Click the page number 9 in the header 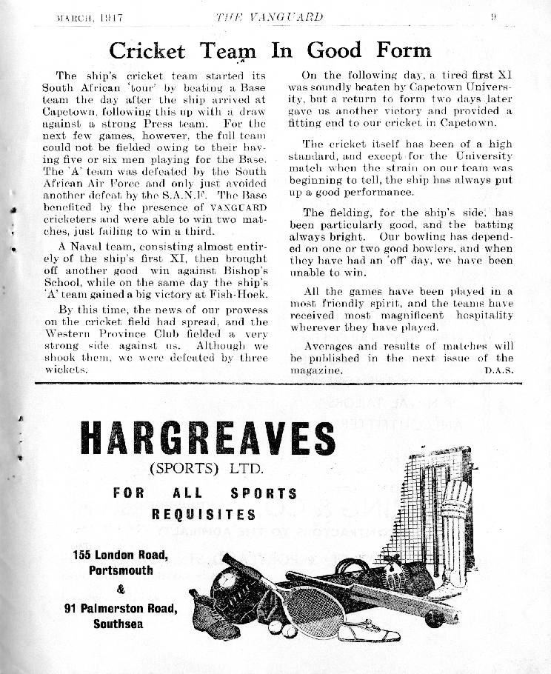pyautogui.click(x=492, y=16)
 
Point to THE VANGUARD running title pyautogui.click(x=269, y=16)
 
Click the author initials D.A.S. pyautogui.click(x=498, y=370)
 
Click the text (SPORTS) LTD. pyautogui.click(x=207, y=469)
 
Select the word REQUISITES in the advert pyautogui.click(x=204, y=514)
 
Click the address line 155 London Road pyautogui.click(x=121, y=555)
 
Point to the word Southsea pyautogui.click(x=118, y=624)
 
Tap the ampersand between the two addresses pyautogui.click(x=121, y=590)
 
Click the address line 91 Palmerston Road pyautogui.click(x=121, y=609)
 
